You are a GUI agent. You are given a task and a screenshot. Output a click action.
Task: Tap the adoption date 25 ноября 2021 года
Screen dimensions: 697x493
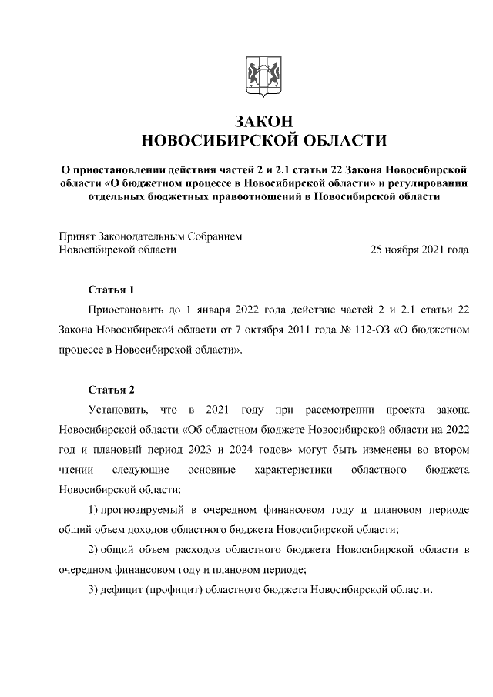point(419,250)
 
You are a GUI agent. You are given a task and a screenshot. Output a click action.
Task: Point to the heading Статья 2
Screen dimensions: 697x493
point(111,389)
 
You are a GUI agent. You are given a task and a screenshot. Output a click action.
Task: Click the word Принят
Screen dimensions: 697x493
point(77,236)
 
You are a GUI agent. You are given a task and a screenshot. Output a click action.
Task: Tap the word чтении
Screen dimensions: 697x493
point(75,469)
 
